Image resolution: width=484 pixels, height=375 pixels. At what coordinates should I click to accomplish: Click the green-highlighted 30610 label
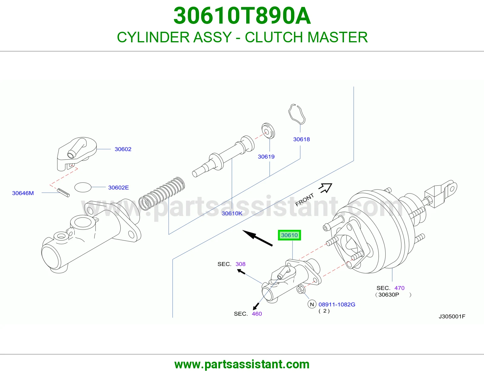289,235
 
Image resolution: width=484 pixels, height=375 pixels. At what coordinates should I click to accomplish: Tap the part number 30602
123,149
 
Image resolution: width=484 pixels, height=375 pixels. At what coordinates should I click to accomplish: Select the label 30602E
118,187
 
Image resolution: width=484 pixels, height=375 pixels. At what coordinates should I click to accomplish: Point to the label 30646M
23,193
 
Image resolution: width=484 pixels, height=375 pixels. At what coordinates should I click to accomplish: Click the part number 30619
266,157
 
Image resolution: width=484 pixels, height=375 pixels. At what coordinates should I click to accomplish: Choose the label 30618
301,139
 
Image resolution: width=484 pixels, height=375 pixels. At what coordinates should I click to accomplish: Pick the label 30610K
232,213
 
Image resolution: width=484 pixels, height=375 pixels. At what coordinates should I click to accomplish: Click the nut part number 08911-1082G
337,305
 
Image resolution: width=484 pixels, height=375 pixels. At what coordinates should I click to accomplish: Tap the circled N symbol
312,305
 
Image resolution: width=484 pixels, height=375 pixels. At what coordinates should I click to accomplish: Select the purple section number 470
399,288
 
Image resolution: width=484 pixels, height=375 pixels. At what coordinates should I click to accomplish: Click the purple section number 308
240,264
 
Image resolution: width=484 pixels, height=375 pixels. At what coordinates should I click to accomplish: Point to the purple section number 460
257,314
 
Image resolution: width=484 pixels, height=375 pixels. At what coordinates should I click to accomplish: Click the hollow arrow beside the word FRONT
325,188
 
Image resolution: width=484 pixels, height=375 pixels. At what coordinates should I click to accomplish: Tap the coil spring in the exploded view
162,194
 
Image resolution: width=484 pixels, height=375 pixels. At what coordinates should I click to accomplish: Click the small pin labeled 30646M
63,193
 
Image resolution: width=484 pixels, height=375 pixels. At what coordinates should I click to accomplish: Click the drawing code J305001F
452,316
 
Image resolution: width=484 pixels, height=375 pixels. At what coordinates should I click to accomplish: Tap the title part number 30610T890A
242,16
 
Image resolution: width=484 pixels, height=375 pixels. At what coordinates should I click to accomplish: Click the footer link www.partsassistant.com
242,364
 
